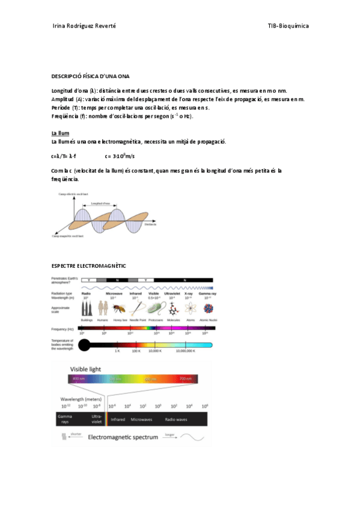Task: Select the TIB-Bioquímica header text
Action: tap(288, 26)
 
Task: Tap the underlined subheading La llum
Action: tap(61, 132)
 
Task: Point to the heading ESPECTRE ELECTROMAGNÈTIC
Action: tap(89, 265)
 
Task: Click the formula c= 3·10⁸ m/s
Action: tap(120, 156)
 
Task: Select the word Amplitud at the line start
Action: tap(63, 99)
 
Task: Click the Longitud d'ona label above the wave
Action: tap(100, 203)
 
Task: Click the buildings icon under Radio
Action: tap(87, 309)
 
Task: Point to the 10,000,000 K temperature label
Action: tap(188, 350)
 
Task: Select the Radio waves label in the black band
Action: tap(180, 419)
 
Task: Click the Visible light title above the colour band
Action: tap(86, 369)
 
